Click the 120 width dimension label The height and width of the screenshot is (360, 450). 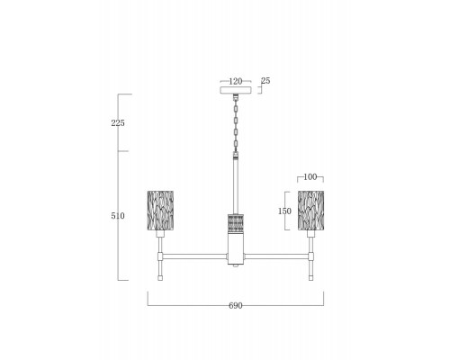pos(236,81)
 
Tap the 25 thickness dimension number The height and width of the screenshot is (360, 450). pos(265,81)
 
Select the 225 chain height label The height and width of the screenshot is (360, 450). pos(118,123)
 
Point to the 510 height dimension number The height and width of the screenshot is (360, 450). pos(118,216)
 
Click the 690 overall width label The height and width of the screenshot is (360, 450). pos(236,306)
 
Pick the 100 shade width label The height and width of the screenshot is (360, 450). pos(310,177)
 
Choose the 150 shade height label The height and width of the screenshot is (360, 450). pos(284,211)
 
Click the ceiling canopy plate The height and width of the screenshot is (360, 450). pos(236,90)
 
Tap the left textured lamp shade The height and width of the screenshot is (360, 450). pos(160,211)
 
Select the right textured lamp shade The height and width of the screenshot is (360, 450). pos(310,211)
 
